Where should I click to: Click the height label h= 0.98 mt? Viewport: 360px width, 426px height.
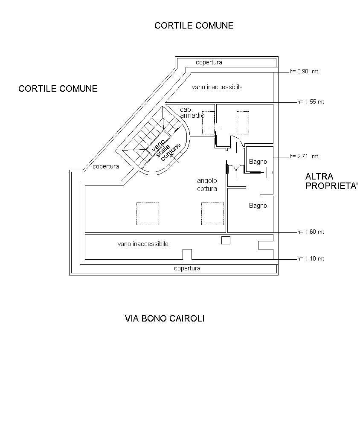tap(304, 72)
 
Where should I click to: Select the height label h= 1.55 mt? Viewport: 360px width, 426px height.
tap(311, 102)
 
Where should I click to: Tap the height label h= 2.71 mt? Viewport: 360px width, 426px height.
tap(304, 156)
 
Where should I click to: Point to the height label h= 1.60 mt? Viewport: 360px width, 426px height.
tap(311, 232)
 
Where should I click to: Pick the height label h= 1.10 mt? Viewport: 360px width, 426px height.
tap(311, 259)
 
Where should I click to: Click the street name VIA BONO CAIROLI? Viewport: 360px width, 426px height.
tap(165, 319)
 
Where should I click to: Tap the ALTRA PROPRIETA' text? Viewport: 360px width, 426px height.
tap(331, 181)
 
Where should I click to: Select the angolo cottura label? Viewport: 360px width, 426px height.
tap(207, 185)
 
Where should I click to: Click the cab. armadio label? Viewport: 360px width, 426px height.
tap(192, 113)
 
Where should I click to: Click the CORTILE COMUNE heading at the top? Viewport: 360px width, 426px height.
tap(194, 26)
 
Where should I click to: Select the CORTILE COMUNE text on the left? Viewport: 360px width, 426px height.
tap(58, 89)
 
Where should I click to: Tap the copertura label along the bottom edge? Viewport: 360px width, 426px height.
tap(187, 268)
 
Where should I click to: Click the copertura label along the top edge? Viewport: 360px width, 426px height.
tap(209, 63)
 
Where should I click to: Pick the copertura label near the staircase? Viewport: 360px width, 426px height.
tap(106, 166)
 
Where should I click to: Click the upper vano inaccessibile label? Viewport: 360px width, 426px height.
tap(217, 87)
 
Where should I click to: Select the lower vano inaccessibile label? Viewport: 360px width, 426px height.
tap(143, 244)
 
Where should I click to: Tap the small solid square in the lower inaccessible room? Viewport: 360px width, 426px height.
tap(226, 241)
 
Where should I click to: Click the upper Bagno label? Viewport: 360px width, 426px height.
tap(258, 162)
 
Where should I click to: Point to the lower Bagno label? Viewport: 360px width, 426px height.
tap(258, 206)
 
